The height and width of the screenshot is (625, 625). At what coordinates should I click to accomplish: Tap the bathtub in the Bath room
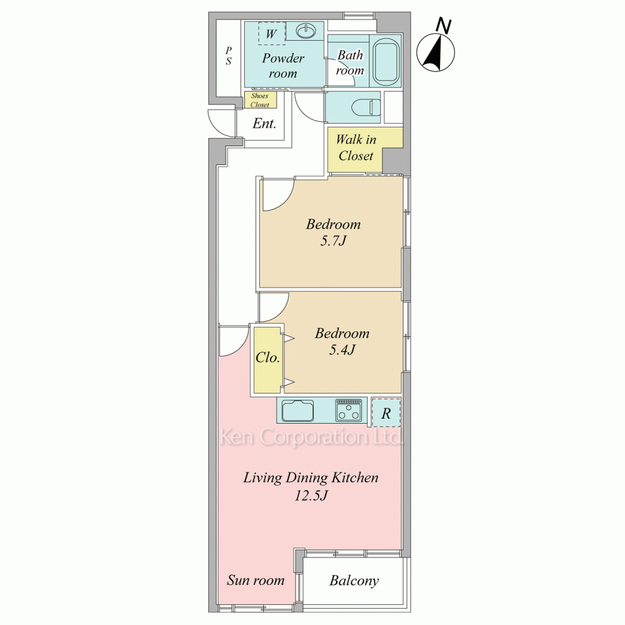386,61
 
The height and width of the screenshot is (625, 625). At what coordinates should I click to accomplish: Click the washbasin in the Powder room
306,31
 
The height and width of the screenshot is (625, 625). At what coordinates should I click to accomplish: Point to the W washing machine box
271,33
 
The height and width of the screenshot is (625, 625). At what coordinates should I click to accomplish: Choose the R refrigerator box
386,412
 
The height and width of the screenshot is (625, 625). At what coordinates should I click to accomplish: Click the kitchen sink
297,410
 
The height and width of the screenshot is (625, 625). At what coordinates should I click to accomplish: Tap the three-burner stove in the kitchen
349,410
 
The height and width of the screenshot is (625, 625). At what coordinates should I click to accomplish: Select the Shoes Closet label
260,100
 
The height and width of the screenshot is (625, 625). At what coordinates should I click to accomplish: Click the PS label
228,56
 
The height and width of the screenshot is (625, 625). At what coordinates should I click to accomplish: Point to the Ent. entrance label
264,124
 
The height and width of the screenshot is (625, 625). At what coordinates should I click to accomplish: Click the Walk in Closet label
356,147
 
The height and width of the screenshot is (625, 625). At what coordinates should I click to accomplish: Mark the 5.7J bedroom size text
333,241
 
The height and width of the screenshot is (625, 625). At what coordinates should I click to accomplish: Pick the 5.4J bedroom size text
342,350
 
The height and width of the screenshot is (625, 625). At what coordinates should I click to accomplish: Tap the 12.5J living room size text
311,496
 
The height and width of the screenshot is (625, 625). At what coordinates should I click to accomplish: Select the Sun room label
256,580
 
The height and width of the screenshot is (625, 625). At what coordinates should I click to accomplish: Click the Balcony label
354,581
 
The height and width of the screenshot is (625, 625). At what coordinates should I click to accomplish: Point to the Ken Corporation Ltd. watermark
311,437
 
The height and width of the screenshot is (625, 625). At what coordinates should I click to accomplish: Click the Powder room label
283,66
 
